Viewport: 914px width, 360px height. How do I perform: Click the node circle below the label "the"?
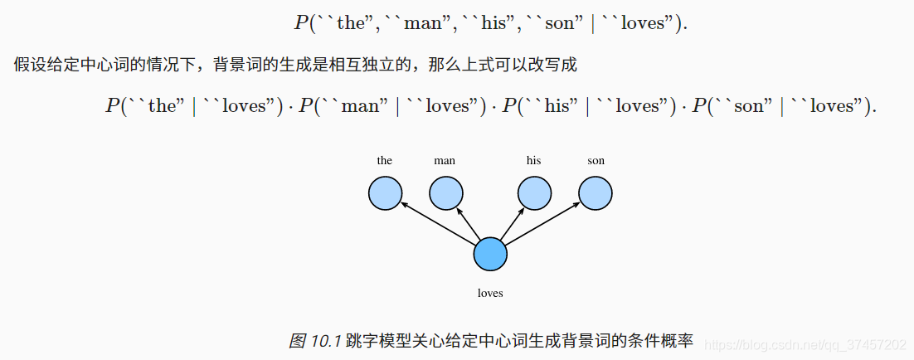(385, 193)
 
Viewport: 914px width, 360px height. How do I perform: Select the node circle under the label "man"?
(445, 193)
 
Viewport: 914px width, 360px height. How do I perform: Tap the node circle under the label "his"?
(535, 193)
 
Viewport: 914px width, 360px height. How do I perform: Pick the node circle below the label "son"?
(596, 193)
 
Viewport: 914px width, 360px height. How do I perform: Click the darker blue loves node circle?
(490, 254)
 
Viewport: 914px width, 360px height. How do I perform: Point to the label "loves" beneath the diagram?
(490, 293)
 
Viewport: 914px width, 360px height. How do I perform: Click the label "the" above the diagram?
(385, 161)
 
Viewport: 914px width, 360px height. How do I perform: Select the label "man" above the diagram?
(445, 161)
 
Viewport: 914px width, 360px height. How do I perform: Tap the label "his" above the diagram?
(533, 161)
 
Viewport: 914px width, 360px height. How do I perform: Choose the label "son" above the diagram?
(596, 161)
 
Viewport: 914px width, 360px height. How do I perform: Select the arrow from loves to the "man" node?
(469, 224)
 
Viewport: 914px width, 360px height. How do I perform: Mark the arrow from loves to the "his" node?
(512, 224)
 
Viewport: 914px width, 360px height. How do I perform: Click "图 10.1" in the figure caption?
(315, 341)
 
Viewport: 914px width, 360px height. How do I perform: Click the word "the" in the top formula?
(351, 23)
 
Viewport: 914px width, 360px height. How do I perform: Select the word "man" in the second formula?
(359, 106)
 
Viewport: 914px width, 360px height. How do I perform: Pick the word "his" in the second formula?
(562, 106)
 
